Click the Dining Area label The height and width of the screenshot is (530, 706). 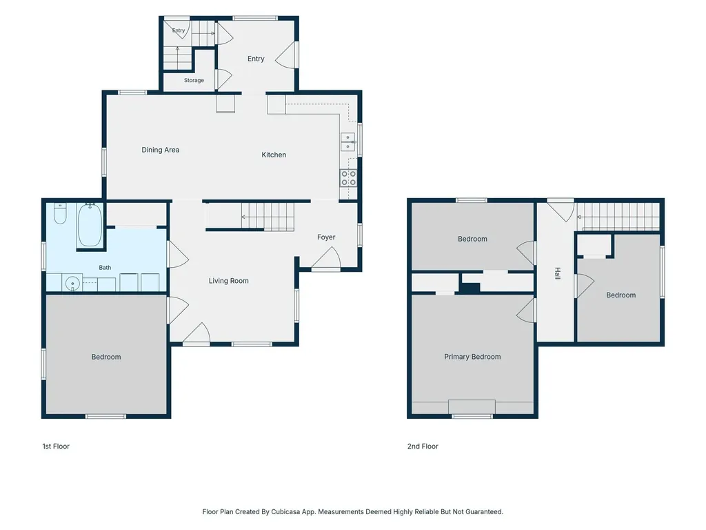160,150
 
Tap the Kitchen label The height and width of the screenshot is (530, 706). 274,155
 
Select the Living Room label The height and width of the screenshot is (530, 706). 228,281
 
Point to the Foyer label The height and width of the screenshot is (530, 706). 326,237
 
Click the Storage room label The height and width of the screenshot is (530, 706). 194,80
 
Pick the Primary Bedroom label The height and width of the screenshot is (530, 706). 472,357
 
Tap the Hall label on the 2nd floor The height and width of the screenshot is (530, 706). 557,273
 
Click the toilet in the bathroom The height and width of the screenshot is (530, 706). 60,214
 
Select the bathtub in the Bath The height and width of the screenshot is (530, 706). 90,224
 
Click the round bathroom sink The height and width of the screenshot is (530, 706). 72,284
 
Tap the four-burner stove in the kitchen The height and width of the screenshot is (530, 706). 348,178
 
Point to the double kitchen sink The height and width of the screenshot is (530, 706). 347,142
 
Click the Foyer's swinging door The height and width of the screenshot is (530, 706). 326,259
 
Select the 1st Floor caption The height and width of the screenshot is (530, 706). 56,446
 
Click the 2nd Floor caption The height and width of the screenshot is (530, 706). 423,446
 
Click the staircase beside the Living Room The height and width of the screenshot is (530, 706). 268,217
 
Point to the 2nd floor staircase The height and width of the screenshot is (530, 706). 618,217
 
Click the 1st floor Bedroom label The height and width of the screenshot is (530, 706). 105,357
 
